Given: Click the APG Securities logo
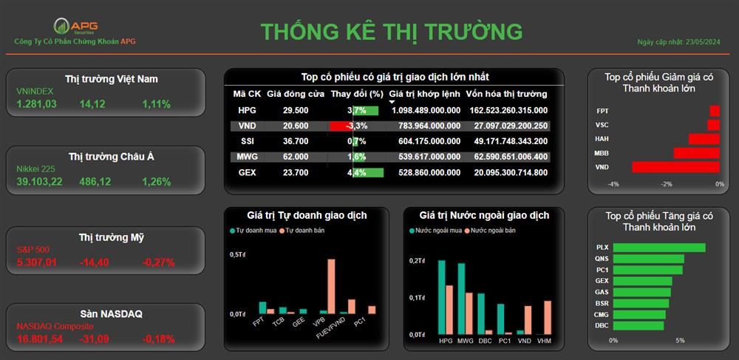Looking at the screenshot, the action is tap(75, 26).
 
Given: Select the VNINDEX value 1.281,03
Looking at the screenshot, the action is tap(36, 104).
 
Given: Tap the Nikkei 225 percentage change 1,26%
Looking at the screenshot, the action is tap(157, 181).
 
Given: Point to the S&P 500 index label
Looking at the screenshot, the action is tap(33, 250).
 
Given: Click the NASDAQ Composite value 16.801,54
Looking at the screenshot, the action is tap(40, 339).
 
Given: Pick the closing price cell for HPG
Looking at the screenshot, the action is tap(296, 110).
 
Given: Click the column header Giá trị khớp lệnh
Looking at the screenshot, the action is tap(425, 94).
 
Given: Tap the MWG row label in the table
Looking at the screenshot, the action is tap(247, 157).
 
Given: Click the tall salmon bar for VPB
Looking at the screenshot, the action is tap(331, 287).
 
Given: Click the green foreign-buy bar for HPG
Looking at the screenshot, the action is tap(442, 297).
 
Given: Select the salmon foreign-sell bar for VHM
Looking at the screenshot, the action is tap(547, 318).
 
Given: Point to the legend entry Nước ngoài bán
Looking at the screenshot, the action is tap(490, 231).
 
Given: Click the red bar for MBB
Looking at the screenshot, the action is tap(697, 153).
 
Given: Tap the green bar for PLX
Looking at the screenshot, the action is tap(659, 248).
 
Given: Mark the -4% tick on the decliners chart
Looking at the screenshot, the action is tap(613, 184).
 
